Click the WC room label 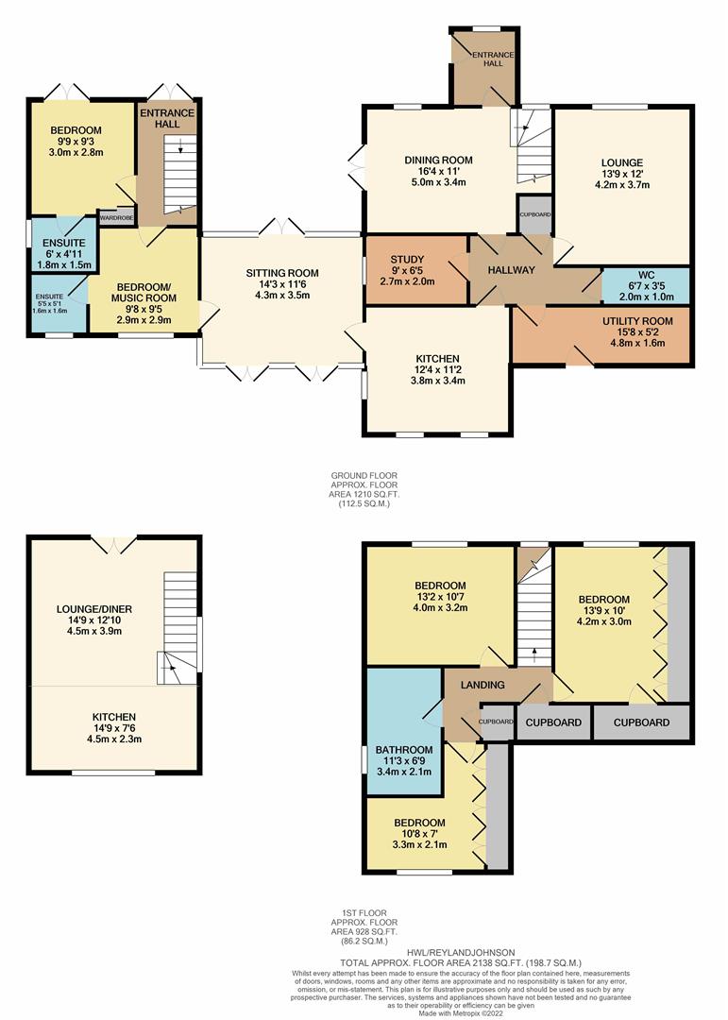pos(646,275)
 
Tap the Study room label pos(407,260)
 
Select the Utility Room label pos(637,321)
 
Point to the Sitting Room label pos(281,273)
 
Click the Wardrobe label pos(116,218)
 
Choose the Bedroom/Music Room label pos(144,293)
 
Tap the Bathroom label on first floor pos(404,749)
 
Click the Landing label pos(483,685)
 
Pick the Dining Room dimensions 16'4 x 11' pos(438,171)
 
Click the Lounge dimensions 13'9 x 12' pos(622,174)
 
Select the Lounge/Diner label pos(94,609)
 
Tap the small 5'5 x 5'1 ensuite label pos(49,303)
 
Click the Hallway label pos(512,270)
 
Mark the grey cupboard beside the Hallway pos(534,214)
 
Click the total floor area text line pos(461,962)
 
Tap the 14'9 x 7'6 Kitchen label pos(114,728)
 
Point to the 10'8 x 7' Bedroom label pos(419,833)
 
